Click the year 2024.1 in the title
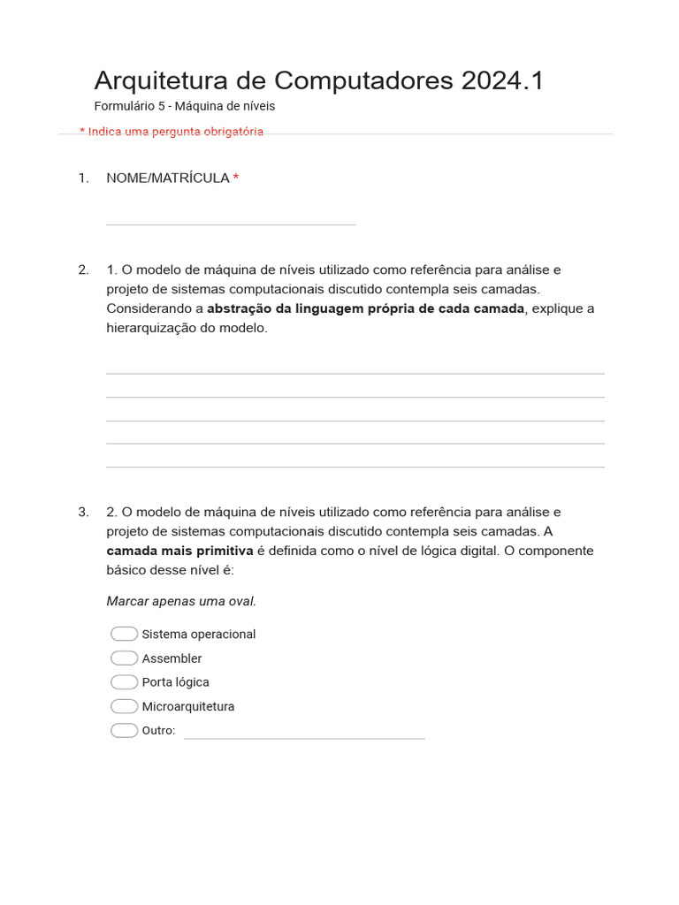coord(502,80)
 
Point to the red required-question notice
coord(172,132)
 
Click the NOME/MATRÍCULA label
coord(167,179)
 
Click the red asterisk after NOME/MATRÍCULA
coord(236,178)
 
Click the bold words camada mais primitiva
coord(179,551)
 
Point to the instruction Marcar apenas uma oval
coord(181,601)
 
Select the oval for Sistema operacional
coord(124,634)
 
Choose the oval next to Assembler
coord(124,658)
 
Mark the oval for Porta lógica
coord(124,682)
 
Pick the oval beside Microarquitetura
coord(124,706)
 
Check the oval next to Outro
coord(124,730)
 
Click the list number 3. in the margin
coord(83,512)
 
